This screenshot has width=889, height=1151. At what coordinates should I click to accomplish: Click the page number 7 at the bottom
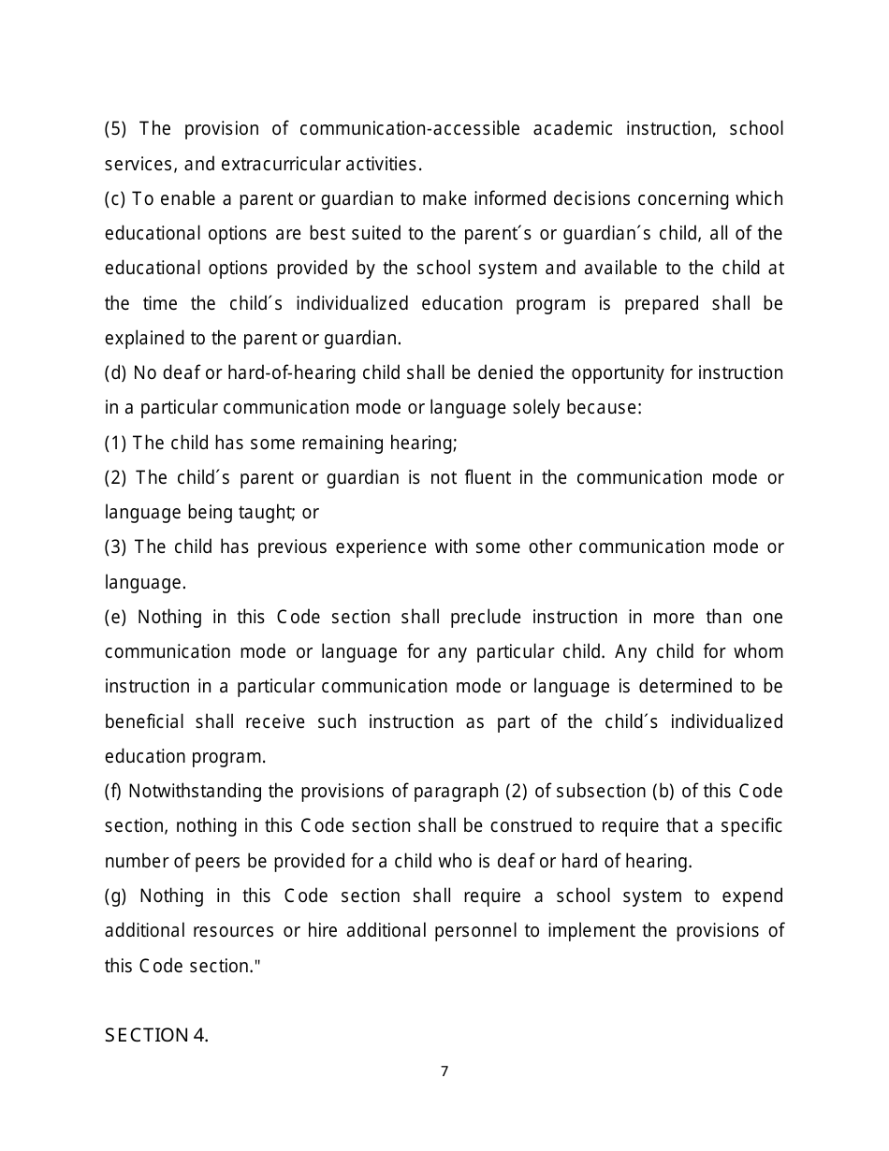click(x=444, y=1071)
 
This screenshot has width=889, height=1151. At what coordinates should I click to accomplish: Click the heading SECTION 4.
click(x=156, y=1035)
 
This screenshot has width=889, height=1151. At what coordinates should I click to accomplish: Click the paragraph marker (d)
click(x=115, y=373)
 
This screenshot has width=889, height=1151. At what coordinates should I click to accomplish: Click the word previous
click(x=292, y=547)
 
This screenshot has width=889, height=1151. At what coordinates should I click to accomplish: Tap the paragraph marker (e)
click(x=115, y=618)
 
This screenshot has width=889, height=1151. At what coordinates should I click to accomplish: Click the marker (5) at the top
click(x=115, y=129)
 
